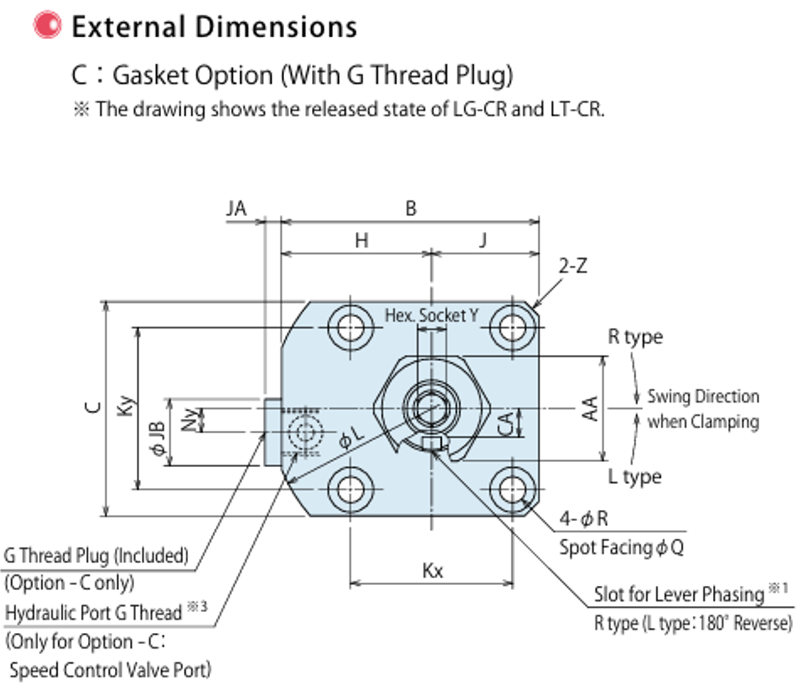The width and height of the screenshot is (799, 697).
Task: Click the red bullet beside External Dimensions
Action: (48, 25)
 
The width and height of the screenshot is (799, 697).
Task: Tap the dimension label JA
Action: (236, 209)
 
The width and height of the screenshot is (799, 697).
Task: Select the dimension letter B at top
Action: (411, 209)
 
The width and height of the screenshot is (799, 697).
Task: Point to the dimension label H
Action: (361, 241)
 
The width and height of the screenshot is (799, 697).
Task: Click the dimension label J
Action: (483, 240)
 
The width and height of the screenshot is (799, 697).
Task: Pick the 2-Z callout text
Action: (573, 266)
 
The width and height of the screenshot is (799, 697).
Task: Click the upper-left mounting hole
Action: (350, 327)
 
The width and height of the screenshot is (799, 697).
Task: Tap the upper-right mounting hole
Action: (512, 327)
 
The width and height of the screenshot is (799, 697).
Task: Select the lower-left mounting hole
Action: (350, 489)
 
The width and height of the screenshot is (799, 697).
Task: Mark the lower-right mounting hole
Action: (512, 489)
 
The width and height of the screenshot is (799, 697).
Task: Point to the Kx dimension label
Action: (432, 571)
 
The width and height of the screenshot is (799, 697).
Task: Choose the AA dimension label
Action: (591, 408)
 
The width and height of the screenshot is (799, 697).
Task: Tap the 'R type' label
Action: (635, 337)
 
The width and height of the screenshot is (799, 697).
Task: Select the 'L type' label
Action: (635, 476)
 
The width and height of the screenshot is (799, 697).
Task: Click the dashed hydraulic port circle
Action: (305, 432)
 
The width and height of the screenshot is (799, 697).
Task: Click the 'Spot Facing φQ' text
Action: (621, 547)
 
